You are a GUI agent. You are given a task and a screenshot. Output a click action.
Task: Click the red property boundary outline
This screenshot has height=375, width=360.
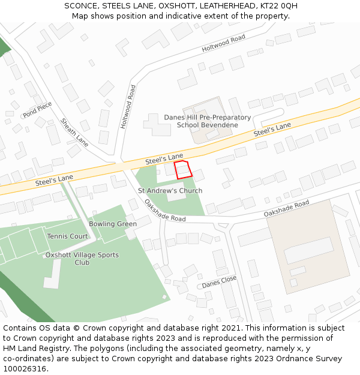(183, 170)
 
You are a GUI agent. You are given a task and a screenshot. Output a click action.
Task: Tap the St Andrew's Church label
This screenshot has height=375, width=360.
(170, 191)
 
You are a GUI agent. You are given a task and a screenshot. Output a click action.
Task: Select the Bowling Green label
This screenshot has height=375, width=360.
(113, 224)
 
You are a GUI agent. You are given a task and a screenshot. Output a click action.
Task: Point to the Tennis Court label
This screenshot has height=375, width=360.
(67, 236)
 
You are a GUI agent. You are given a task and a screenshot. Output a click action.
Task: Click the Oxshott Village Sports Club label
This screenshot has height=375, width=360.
(82, 259)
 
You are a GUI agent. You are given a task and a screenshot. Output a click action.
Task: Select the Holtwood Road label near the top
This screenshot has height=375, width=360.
(224, 44)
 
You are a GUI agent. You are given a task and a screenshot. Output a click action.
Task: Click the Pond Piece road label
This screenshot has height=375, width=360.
(37, 110)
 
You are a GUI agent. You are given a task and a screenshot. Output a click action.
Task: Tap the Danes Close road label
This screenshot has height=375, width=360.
(219, 281)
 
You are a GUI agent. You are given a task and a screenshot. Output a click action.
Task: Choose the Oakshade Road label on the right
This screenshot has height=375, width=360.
(286, 209)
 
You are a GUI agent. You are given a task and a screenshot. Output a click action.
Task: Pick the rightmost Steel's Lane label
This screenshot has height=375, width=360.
(272, 128)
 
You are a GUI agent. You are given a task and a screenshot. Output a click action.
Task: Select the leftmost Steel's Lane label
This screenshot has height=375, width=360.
(54, 179)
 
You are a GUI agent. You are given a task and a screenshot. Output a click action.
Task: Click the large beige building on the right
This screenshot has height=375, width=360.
(307, 246)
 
